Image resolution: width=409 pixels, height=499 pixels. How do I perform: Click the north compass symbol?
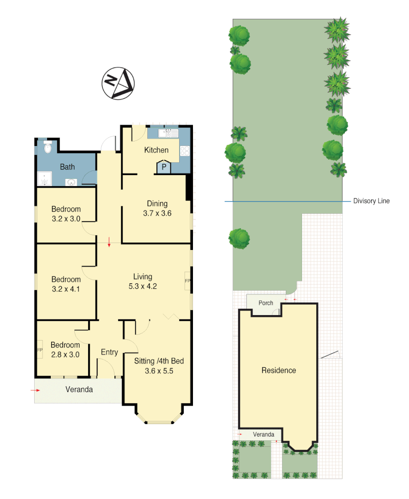[x=118, y=83]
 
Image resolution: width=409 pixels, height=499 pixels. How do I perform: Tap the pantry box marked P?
[x=163, y=167]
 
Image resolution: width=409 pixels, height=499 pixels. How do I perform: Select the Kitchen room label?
[x=156, y=150]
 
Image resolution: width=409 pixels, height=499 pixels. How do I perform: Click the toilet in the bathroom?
[x=48, y=148]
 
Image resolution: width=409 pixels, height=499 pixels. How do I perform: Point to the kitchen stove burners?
[x=185, y=150]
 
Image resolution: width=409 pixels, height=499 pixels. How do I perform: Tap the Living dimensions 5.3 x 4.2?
[x=143, y=286]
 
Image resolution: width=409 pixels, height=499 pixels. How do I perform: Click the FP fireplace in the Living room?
[x=187, y=280]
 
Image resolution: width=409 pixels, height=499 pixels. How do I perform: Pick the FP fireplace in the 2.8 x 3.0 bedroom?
[x=40, y=350]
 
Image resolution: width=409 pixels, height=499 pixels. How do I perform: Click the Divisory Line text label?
[x=371, y=201]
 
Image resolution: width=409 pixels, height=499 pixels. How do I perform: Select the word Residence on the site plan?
[x=279, y=370]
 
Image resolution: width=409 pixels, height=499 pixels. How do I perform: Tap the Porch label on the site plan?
[x=265, y=303]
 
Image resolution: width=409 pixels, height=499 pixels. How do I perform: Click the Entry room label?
[x=109, y=352]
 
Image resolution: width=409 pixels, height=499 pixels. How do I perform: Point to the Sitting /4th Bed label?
[x=159, y=361]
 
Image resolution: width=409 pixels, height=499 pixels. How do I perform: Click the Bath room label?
[x=67, y=167]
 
